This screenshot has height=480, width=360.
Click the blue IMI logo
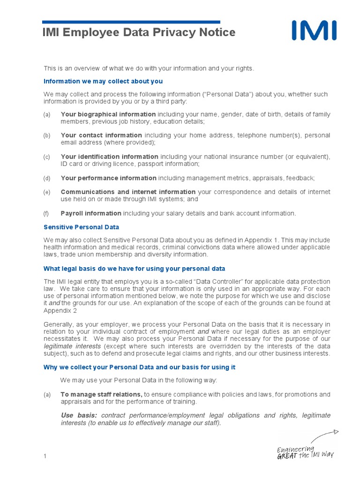tap(314, 31)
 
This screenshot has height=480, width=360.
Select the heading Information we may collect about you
tap(103, 81)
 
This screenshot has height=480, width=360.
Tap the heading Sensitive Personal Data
tap(81, 227)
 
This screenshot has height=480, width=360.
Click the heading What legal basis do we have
tap(134, 269)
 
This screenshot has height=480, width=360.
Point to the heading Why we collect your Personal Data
tap(139, 367)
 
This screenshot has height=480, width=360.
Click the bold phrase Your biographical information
tap(108, 114)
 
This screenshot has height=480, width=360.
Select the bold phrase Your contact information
tap(101, 135)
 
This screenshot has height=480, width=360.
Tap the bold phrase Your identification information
tap(109, 157)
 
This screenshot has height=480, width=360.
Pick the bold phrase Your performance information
tap(109, 178)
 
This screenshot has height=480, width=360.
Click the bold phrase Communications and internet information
tap(128, 192)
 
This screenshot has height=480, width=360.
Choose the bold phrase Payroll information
tap(91, 213)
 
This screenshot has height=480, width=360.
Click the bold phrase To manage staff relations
tap(101, 394)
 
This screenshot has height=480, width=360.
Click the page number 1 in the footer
tap(45, 456)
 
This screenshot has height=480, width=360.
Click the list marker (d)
tap(46, 178)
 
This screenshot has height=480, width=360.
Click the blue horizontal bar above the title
tap(131, 22)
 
